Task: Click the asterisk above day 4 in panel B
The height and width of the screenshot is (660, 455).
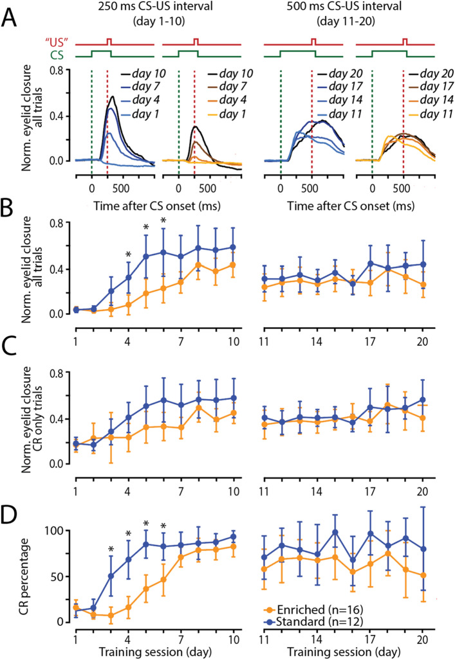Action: coord(129,255)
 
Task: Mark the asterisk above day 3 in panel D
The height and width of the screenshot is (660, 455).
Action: coord(111,549)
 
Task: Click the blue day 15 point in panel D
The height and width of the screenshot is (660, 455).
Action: coord(335,532)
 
